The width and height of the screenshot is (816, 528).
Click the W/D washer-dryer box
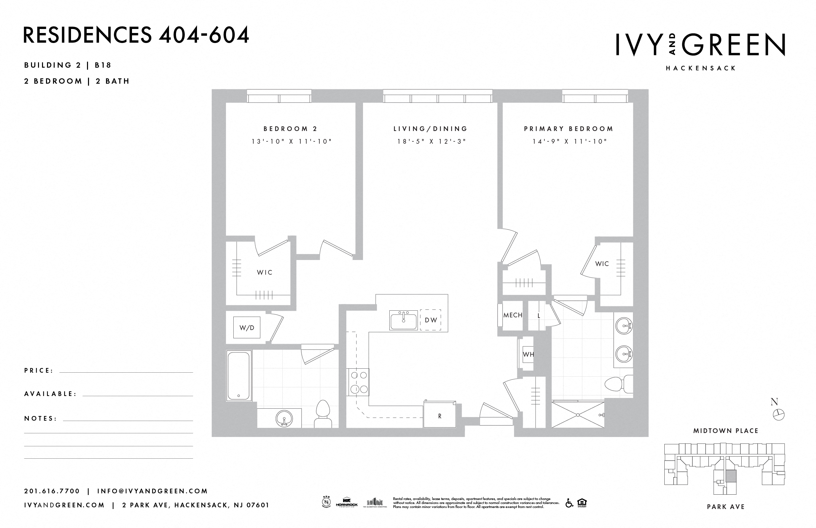pyautogui.click(x=247, y=327)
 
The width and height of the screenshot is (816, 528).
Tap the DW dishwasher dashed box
pyautogui.click(x=431, y=320)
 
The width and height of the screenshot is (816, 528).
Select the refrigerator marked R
pyautogui.click(x=439, y=416)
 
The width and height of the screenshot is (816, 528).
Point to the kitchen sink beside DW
pyautogui.click(x=404, y=320)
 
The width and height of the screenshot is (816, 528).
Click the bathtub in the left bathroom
pyautogui.click(x=239, y=375)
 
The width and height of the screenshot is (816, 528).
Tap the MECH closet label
pyautogui.click(x=513, y=315)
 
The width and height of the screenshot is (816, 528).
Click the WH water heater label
pyautogui.click(x=528, y=355)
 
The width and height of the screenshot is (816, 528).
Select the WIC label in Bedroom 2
pyautogui.click(x=265, y=273)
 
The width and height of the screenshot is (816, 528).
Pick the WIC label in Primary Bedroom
pyautogui.click(x=602, y=264)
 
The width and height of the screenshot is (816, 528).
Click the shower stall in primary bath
pyautogui.click(x=578, y=415)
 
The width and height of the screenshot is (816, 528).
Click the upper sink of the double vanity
pyautogui.click(x=624, y=326)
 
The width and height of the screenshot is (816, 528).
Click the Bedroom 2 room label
pyautogui.click(x=290, y=129)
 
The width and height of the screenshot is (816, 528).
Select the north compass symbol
pyautogui.click(x=778, y=415)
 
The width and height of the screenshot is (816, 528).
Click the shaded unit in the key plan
pyautogui.click(x=731, y=476)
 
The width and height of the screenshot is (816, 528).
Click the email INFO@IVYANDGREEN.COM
pyautogui.click(x=153, y=491)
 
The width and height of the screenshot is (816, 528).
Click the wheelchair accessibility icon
pyautogui.click(x=569, y=503)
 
